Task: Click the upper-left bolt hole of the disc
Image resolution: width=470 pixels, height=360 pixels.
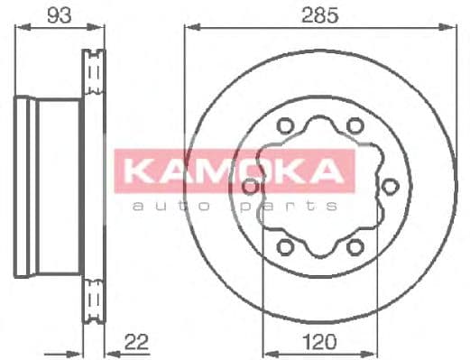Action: click(x=286, y=126)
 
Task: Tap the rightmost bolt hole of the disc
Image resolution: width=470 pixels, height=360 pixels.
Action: click(x=391, y=186)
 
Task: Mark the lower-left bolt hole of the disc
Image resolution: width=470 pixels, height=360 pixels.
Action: click(x=286, y=245)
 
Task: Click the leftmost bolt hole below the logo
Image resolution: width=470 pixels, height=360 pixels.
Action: click(x=252, y=188)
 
